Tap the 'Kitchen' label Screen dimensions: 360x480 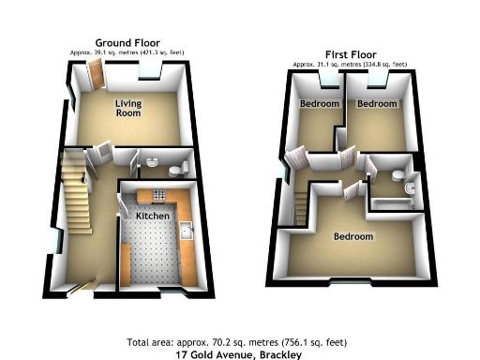point(152,216)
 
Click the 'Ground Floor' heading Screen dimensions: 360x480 point(127,43)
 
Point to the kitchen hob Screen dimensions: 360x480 point(157,195)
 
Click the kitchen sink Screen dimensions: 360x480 point(186,230)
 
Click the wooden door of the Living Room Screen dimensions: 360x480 point(95,77)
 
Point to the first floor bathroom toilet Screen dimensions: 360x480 point(399,175)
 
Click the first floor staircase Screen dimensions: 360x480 point(301,205)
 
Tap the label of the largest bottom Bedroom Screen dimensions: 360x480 point(353,236)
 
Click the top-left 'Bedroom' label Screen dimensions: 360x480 point(319,103)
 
